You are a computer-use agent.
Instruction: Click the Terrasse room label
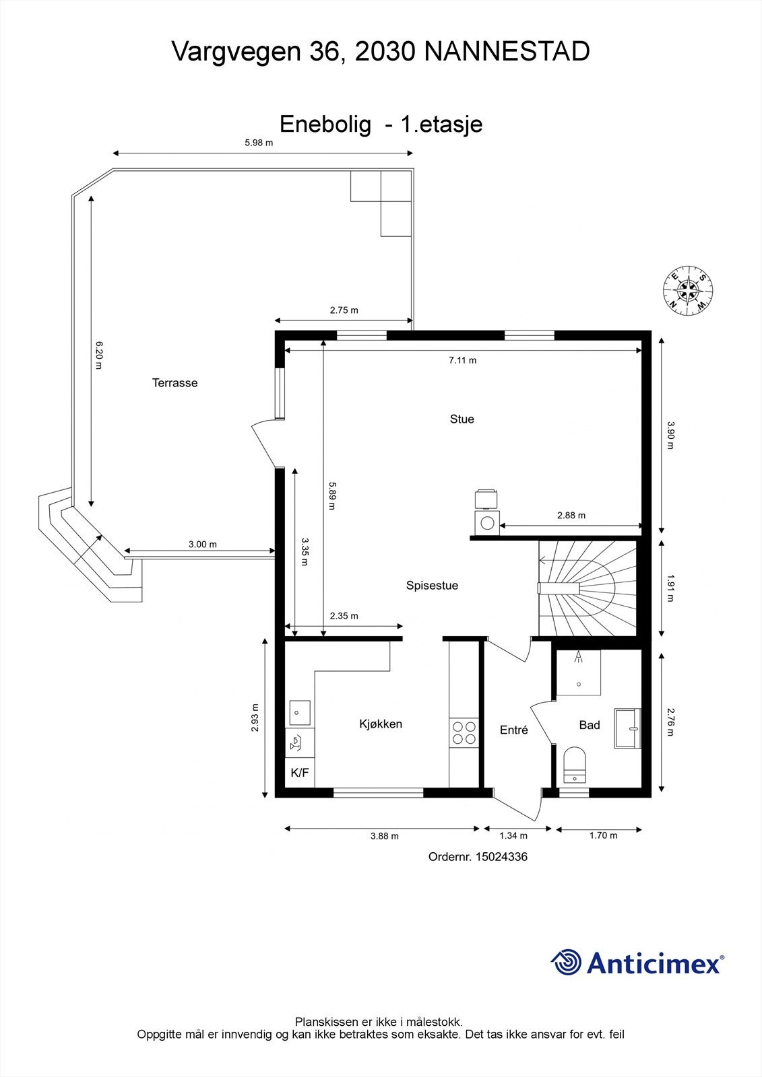174,383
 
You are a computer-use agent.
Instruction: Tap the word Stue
462,419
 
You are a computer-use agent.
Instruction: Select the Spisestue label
432,586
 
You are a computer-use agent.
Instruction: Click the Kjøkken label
381,724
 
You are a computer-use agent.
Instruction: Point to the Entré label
513,730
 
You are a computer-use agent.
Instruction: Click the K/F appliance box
299,773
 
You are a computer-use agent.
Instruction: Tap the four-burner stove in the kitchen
463,733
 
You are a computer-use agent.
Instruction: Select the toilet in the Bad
574,765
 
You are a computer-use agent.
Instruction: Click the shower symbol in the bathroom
579,672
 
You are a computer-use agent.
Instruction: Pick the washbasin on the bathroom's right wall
629,728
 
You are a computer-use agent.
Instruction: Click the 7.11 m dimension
462,360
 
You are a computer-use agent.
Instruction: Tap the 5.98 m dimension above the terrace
259,143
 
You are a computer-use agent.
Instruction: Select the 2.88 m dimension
571,516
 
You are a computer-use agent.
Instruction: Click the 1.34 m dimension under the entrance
513,836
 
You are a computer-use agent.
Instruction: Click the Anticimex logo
637,962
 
